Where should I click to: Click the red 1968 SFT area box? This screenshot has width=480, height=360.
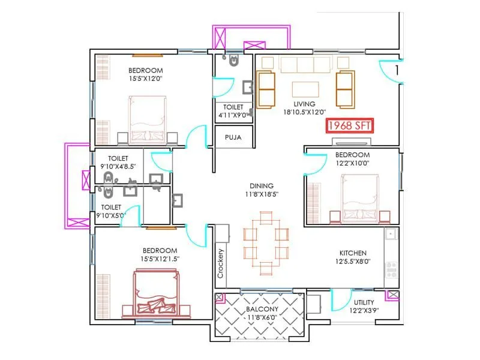point(349,126)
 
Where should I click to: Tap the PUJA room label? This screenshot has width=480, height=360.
point(233,137)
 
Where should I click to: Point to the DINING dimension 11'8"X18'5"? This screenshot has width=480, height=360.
point(262,194)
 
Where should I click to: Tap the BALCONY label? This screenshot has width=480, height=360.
point(262,310)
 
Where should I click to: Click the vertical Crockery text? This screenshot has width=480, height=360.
point(221,263)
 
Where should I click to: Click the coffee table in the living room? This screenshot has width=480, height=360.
point(305,89)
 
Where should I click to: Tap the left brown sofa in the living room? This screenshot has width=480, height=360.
point(266,89)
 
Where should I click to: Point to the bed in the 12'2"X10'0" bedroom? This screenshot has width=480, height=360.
point(359,197)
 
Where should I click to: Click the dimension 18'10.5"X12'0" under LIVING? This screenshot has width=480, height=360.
point(304,112)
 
